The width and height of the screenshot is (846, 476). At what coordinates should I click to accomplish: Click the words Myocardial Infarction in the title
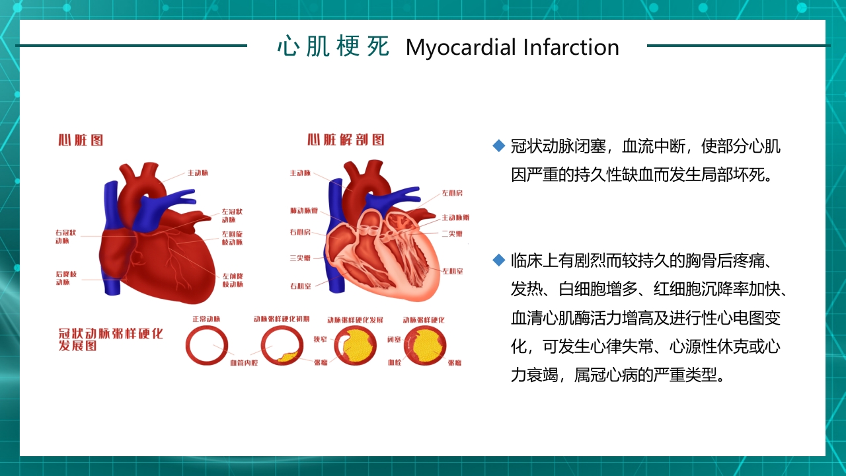(x=512, y=48)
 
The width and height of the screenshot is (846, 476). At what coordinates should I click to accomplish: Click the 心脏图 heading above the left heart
(x=81, y=140)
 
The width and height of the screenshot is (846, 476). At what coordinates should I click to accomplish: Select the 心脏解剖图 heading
(x=346, y=140)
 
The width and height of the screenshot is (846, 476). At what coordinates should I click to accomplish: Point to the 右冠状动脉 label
(x=66, y=237)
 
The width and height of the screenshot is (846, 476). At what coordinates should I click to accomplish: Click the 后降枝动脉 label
(x=66, y=278)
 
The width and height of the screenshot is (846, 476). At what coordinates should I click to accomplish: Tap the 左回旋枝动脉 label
(x=232, y=238)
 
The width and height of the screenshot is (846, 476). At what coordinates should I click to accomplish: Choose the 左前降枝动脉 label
(x=233, y=280)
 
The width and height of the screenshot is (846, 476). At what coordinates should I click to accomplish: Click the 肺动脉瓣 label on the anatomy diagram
(x=303, y=211)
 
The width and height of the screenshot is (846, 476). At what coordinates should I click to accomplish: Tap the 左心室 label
(x=453, y=271)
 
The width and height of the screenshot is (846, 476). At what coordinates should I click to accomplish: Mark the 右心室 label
(x=300, y=286)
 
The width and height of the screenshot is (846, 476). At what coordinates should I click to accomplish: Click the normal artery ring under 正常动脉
(x=206, y=346)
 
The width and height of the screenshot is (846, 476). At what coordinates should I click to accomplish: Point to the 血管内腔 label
(x=244, y=363)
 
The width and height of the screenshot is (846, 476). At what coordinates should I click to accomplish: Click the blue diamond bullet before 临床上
(x=499, y=260)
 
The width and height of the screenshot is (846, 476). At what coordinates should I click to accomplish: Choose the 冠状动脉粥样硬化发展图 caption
(x=110, y=340)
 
